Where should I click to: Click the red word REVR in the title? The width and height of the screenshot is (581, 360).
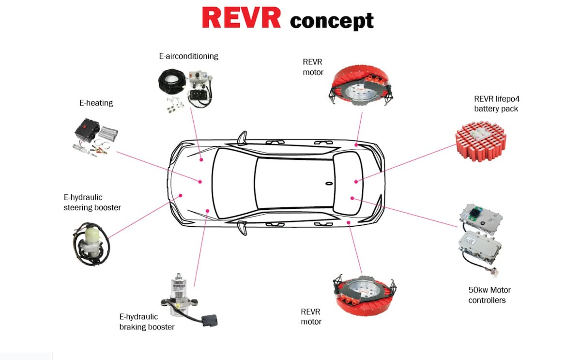241,18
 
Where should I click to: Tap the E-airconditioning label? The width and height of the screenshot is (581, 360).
188,56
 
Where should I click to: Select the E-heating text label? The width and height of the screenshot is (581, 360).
96,103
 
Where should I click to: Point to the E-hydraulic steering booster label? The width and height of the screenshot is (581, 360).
92,203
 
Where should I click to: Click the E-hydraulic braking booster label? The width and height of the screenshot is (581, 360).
147,322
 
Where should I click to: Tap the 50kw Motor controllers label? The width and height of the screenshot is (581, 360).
489,295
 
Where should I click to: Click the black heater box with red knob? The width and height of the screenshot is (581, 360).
86,130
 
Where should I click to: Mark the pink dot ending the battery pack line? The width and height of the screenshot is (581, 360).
356,182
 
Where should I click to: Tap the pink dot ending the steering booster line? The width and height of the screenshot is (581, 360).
181,196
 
